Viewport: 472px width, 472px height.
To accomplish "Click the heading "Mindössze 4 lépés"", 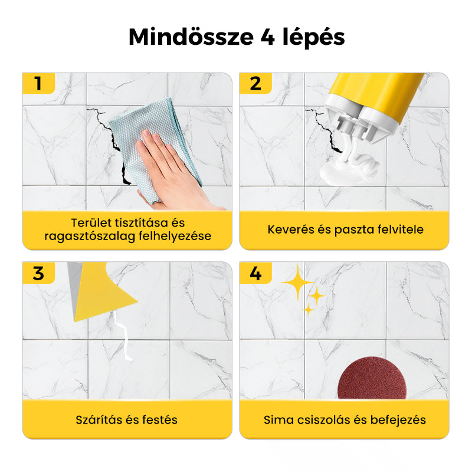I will pyautogui.click(x=236, y=37).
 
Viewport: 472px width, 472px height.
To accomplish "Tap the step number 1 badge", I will pyautogui.click(x=38, y=83).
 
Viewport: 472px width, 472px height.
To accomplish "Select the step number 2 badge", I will pyautogui.click(x=255, y=83).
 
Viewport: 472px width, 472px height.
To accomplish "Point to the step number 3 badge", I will pyautogui.click(x=38, y=273).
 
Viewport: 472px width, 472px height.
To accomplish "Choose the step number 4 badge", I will pyautogui.click(x=255, y=273).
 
